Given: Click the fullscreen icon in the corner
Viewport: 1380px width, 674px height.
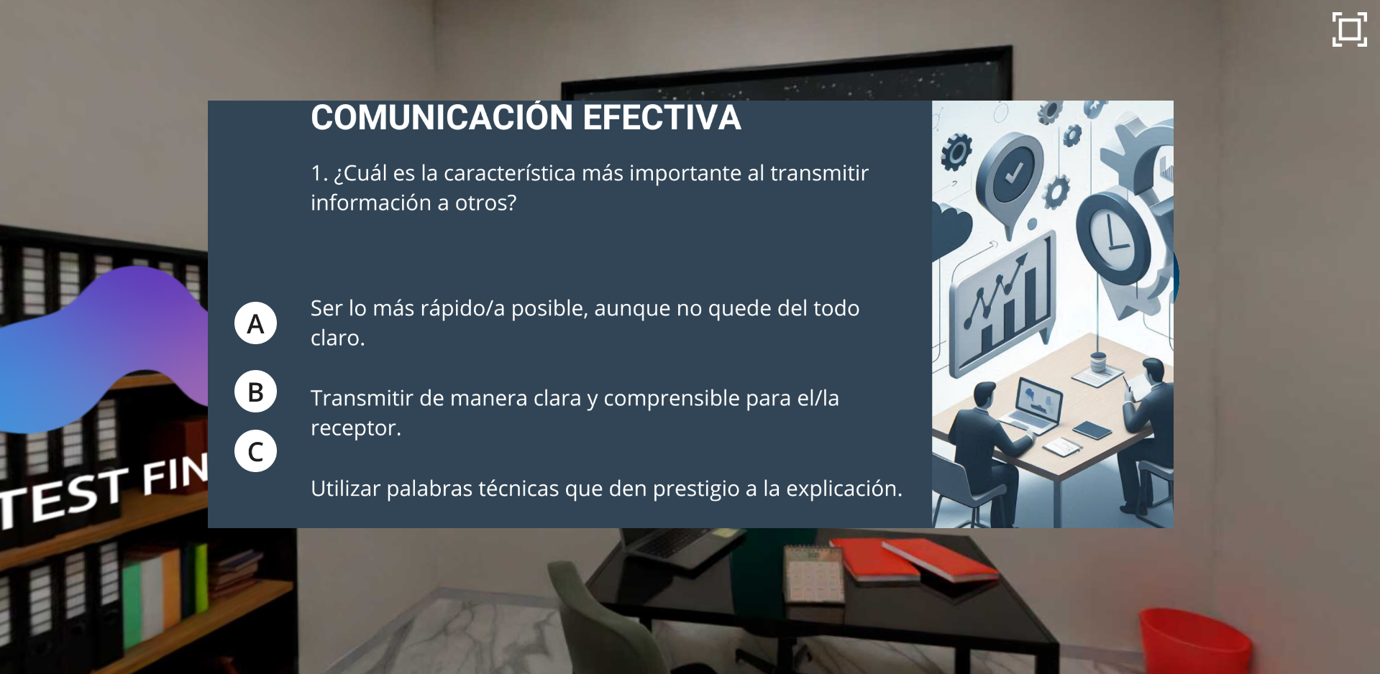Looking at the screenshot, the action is click(x=1349, y=29).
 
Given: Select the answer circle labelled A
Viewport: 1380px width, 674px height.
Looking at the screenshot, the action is click(x=255, y=323).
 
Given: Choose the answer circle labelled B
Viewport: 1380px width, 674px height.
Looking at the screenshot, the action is click(x=255, y=392).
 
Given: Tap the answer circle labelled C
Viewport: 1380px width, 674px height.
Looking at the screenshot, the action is click(x=255, y=451).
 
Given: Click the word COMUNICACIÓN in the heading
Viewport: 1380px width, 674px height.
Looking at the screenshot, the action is click(x=442, y=117).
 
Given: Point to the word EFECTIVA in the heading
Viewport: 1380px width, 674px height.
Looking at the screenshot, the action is click(x=662, y=118).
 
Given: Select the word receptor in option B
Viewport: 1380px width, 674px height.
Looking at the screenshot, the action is click(x=353, y=428).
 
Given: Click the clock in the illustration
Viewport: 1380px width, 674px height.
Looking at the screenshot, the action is click(x=1112, y=237).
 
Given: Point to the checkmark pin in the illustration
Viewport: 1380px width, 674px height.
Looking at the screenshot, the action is click(x=1013, y=176).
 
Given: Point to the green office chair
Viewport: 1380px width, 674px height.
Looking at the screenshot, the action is click(x=611, y=618).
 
